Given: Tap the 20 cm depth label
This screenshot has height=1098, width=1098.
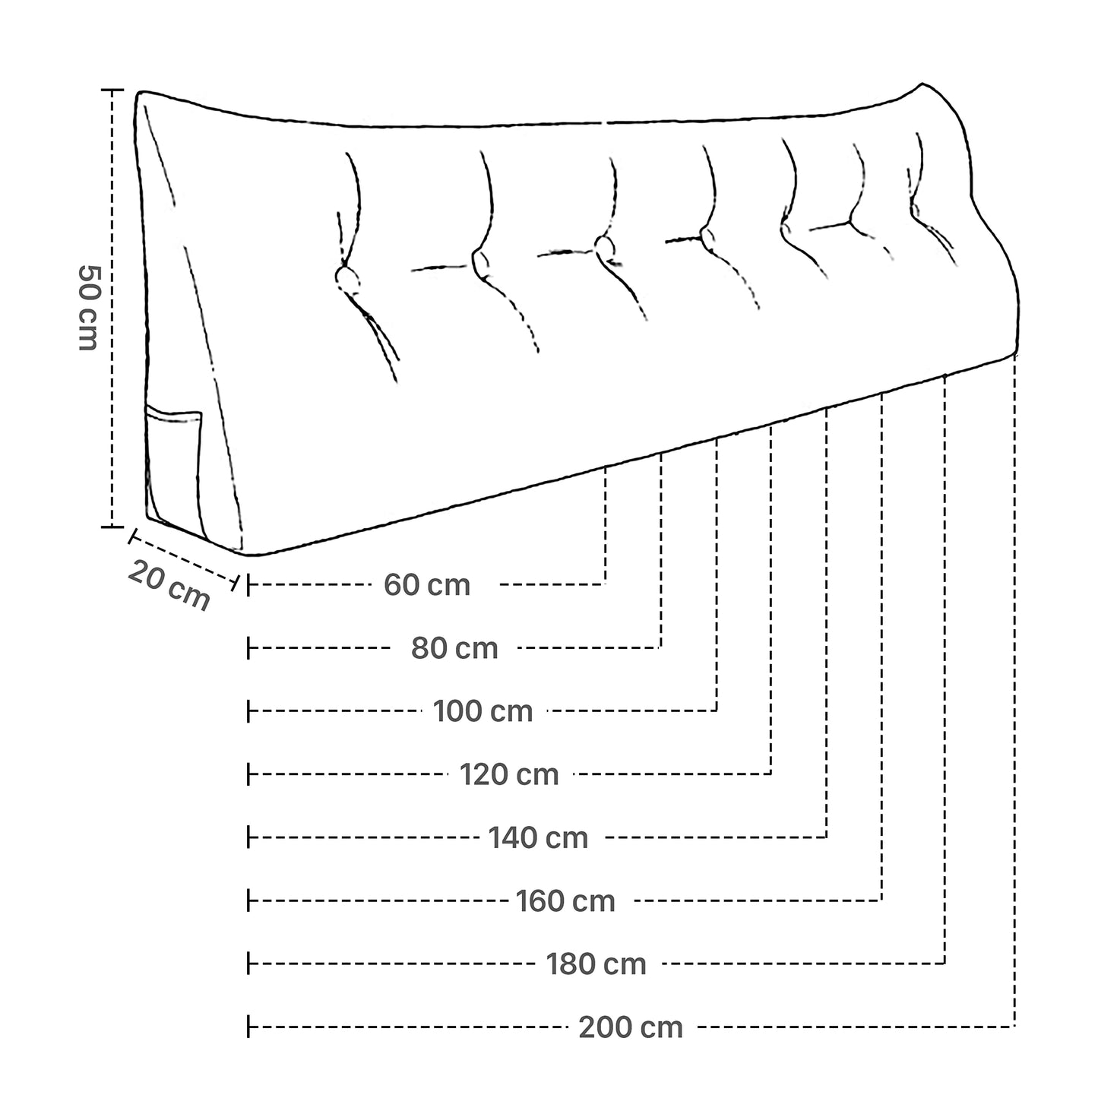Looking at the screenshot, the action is tap(169, 585).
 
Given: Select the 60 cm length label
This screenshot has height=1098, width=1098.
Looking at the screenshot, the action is tap(427, 585).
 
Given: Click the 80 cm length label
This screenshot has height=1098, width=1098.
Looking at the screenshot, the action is tap(454, 648).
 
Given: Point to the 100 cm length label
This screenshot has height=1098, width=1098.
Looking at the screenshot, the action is tap(483, 712).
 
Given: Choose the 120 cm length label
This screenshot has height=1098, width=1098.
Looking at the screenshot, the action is tap(509, 775).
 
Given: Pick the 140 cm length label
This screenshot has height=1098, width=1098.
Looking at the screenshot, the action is tap(538, 838).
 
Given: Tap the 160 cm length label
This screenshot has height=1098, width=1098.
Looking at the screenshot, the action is tap(565, 901).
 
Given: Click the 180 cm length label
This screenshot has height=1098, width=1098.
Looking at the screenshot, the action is tap(596, 964).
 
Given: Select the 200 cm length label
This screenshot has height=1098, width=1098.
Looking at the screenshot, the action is tap(631, 1027).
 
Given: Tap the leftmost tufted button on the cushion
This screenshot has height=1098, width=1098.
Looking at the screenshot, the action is tap(348, 278).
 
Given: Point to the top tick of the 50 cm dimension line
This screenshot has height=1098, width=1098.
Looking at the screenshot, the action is tap(112, 90).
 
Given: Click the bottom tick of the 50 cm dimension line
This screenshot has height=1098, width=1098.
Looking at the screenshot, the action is tap(112, 526).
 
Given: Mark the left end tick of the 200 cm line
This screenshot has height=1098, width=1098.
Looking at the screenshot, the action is tap(248, 1027).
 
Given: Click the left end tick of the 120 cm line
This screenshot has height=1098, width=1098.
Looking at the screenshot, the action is tap(248, 775).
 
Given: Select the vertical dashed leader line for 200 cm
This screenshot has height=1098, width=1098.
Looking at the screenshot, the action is tap(1015, 684).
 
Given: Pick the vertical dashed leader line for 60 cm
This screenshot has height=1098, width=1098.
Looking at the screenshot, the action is tap(606, 524).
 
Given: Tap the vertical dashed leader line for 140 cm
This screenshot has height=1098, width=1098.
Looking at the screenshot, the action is tap(827, 623).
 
